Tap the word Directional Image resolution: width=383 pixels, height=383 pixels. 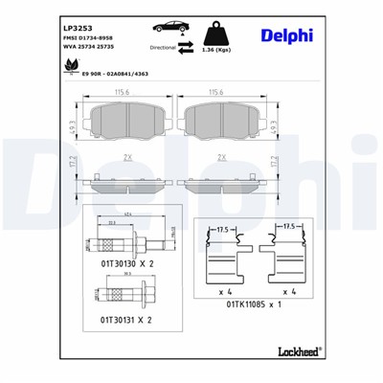click(x=164, y=46)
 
